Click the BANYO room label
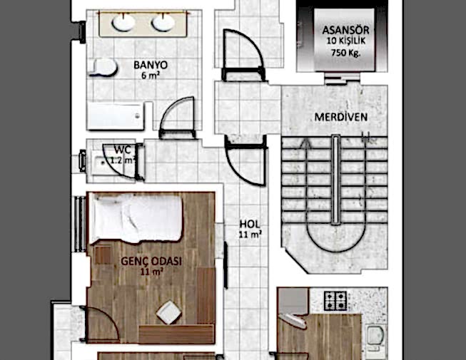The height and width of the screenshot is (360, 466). click(151, 65)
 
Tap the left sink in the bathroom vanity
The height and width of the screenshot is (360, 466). click(123, 23)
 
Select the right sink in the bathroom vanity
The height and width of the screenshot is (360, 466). click(163, 23)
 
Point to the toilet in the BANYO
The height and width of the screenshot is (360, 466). click(103, 68)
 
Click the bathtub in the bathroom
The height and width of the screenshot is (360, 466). click(116, 116)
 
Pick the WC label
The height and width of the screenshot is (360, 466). click(123, 150)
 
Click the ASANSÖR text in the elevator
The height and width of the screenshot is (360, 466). click(345, 30)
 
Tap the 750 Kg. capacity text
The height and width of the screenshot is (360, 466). click(345, 53)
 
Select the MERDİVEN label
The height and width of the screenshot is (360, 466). click(341, 117)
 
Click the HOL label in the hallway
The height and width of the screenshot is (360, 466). click(250, 224)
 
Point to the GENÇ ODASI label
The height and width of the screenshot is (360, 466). click(151, 261)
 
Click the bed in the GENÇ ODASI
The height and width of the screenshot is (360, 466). click(136, 218)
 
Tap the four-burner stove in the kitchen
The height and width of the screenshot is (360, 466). click(335, 301)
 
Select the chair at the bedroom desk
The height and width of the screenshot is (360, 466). click(168, 312)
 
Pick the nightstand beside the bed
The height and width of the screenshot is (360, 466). click(103, 255)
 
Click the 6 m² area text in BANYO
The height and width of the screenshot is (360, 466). click(151, 75)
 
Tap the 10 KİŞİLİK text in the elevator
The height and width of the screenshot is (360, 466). click(346, 41)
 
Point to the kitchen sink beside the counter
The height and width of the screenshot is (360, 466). click(375, 336)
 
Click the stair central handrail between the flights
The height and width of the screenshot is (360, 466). click(336, 180)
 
